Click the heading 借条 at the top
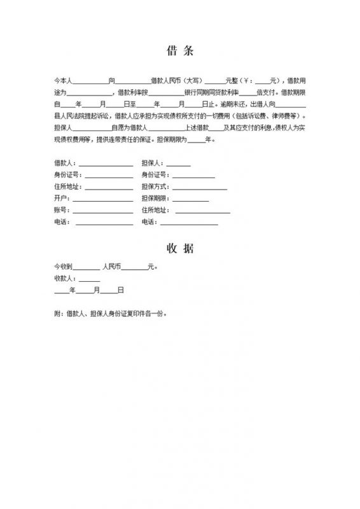coord(179,50)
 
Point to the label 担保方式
coord(155,187)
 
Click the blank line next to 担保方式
coord(199,188)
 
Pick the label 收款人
coord(65,278)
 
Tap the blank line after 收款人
coord(90,279)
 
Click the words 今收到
coord(64,267)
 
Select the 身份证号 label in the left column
coord(67,175)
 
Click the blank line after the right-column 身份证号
coord(193,176)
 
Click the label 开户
coord(62,199)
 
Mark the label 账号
coord(62,210)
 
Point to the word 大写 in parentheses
coord(193,81)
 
